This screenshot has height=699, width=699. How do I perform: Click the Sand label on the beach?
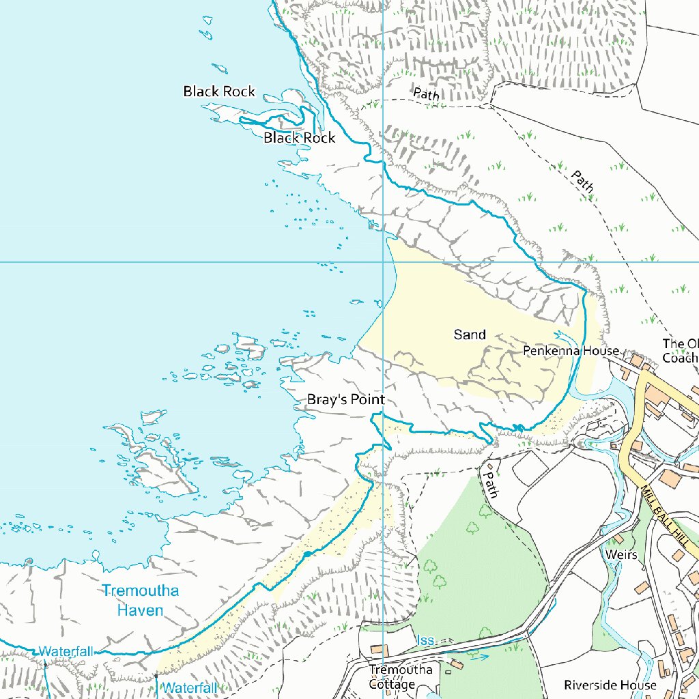click(x=470, y=334)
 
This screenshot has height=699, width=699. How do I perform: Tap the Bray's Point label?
click(x=345, y=400)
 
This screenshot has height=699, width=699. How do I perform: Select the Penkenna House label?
click(x=571, y=351)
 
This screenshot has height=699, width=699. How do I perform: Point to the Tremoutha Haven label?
click(x=140, y=600)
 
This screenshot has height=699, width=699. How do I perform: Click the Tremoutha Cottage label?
click(x=401, y=676)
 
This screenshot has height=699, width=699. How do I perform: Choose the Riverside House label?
click(x=610, y=685)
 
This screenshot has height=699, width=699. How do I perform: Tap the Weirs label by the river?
click(x=621, y=555)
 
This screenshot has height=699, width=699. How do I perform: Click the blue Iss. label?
click(x=425, y=640)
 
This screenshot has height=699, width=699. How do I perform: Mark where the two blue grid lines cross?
click(x=384, y=261)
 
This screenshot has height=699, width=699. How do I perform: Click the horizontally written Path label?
click(x=426, y=94)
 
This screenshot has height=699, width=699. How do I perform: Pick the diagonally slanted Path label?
click(x=582, y=182)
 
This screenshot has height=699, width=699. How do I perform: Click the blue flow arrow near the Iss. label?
click(x=479, y=657)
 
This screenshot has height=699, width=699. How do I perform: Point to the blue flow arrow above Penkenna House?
click(x=563, y=336)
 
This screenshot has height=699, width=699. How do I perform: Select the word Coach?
click(x=681, y=357)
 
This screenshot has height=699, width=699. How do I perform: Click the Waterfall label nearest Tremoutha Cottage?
click(x=190, y=687)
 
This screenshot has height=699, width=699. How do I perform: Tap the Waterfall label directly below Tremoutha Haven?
click(x=66, y=651)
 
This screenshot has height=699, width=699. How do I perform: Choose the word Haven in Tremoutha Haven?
click(x=140, y=610)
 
